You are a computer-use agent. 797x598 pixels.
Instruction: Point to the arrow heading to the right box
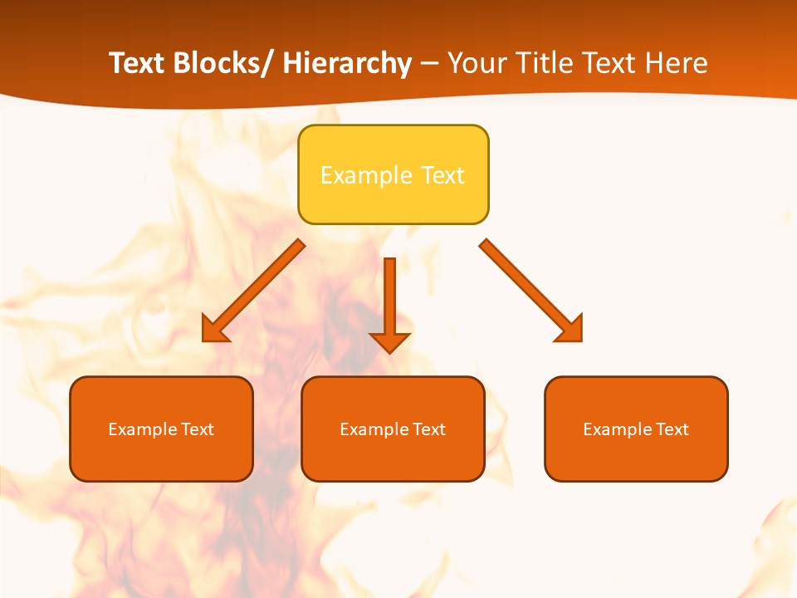527,287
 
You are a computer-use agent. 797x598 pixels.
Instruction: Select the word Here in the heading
677,63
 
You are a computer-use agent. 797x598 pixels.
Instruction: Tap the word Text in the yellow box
443,175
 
